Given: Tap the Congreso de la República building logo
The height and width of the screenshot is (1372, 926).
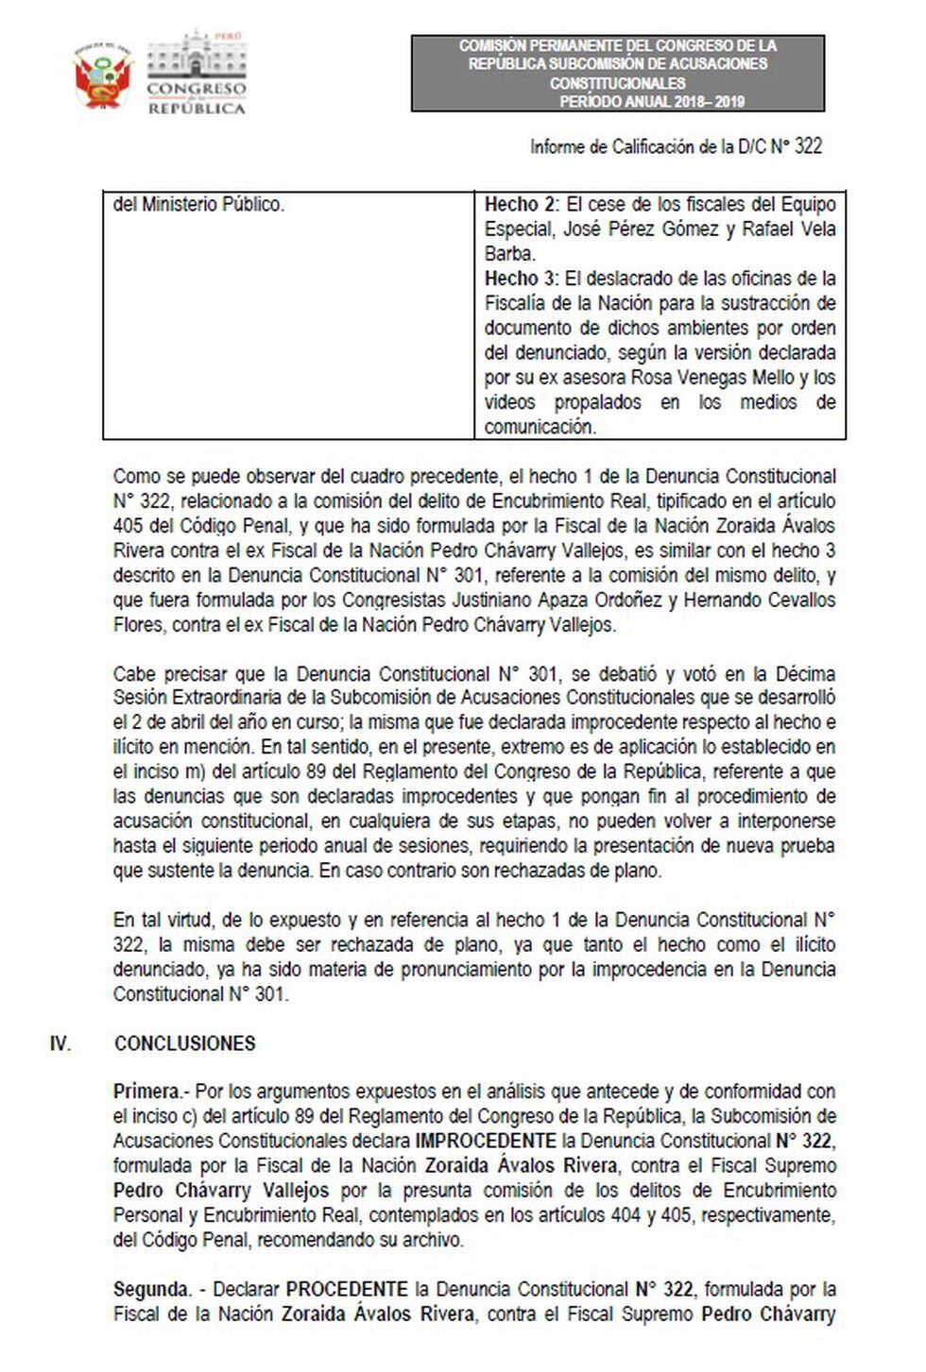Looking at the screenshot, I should pyautogui.click(x=196, y=74).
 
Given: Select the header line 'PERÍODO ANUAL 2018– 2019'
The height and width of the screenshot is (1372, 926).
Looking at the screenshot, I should pyautogui.click(x=651, y=101).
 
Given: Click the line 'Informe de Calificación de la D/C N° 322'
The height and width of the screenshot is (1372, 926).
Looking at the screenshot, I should pyautogui.click(x=675, y=146).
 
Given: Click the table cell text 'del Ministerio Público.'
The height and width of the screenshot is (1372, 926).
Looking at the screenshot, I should pyautogui.click(x=198, y=205).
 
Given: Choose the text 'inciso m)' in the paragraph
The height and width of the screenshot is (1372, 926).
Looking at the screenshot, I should pyautogui.click(x=146, y=772).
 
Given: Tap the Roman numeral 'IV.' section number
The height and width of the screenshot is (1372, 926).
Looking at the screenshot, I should pyautogui.click(x=60, y=1043).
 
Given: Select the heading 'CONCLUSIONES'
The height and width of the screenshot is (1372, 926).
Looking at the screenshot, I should pyautogui.click(x=184, y=1043).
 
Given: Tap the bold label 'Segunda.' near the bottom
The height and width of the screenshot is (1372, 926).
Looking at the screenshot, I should pyautogui.click(x=151, y=1289).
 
